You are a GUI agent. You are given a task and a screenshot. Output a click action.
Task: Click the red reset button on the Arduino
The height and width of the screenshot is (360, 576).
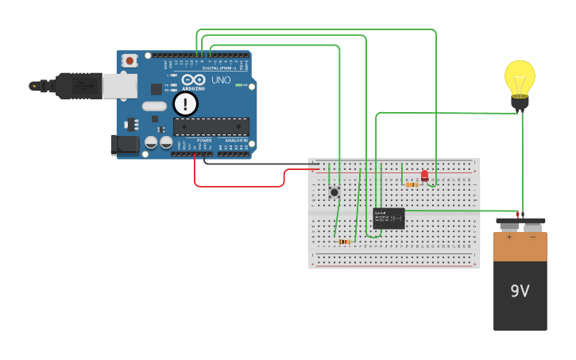pos(129,60)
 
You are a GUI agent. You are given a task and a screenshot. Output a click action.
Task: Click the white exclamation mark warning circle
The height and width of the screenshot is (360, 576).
pos(185,104)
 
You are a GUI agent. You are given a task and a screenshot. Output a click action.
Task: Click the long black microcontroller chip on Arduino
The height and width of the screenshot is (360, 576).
pos(211,126)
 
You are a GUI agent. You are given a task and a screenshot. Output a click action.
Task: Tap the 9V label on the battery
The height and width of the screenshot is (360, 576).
pos(520,291)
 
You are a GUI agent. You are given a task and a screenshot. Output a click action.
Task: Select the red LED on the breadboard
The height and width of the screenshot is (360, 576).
pos(424,175)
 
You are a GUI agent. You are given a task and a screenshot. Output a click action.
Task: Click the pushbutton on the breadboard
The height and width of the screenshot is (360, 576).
pos(334,192)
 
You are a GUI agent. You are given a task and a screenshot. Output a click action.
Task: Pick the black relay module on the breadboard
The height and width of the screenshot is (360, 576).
pos(389,218)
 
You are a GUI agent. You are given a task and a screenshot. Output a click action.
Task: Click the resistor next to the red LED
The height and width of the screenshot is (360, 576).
pos(412,184)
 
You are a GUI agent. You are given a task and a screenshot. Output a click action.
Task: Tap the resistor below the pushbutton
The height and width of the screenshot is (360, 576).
pos(344,242)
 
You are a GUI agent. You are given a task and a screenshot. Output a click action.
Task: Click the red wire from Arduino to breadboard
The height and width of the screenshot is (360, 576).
pos(238,186)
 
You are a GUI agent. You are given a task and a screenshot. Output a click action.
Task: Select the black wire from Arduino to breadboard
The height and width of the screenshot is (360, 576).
pos(254,164)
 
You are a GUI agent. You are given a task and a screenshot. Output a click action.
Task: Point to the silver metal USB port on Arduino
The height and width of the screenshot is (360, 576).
pos(119,86)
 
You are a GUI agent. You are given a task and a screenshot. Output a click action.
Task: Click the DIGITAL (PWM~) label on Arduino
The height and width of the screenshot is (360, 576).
pos(216,68)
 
